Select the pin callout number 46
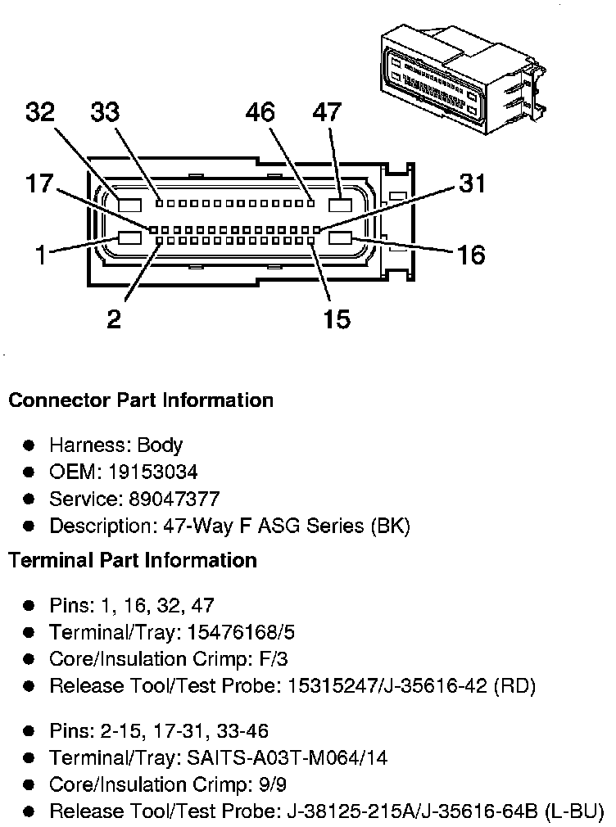(x=260, y=112)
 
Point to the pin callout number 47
(x=326, y=112)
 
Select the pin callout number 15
(x=337, y=318)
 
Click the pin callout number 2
(x=114, y=318)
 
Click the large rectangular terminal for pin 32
(x=129, y=201)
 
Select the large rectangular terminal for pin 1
(x=129, y=238)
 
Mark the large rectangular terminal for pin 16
(x=340, y=238)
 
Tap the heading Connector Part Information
(x=141, y=400)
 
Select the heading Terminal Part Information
(x=133, y=560)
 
